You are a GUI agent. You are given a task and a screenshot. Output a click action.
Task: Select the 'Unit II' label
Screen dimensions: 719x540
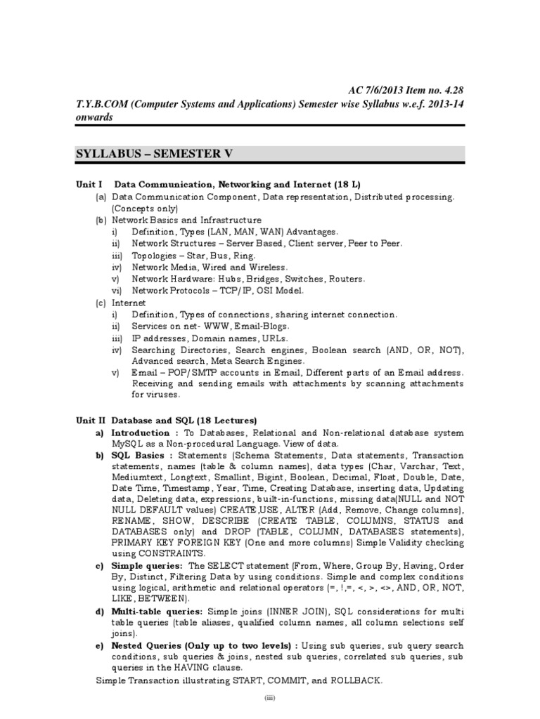(91, 420)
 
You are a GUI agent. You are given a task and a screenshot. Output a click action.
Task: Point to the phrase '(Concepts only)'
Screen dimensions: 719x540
(144, 209)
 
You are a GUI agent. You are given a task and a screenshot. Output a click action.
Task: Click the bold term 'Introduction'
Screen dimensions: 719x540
(141, 433)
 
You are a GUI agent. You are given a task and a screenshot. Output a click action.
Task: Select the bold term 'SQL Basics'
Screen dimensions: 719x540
(137, 455)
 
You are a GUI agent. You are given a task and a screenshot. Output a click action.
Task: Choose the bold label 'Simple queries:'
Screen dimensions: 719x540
(148, 565)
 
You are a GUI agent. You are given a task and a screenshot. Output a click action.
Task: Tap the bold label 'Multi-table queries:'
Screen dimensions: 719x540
(157, 611)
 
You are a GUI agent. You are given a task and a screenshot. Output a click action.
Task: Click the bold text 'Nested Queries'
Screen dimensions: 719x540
(147, 645)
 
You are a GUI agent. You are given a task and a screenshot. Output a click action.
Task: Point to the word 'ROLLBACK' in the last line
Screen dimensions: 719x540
(354, 680)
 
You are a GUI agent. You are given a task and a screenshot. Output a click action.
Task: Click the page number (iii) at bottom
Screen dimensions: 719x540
(271, 699)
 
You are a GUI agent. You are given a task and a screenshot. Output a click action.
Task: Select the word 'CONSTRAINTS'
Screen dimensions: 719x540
(159, 553)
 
